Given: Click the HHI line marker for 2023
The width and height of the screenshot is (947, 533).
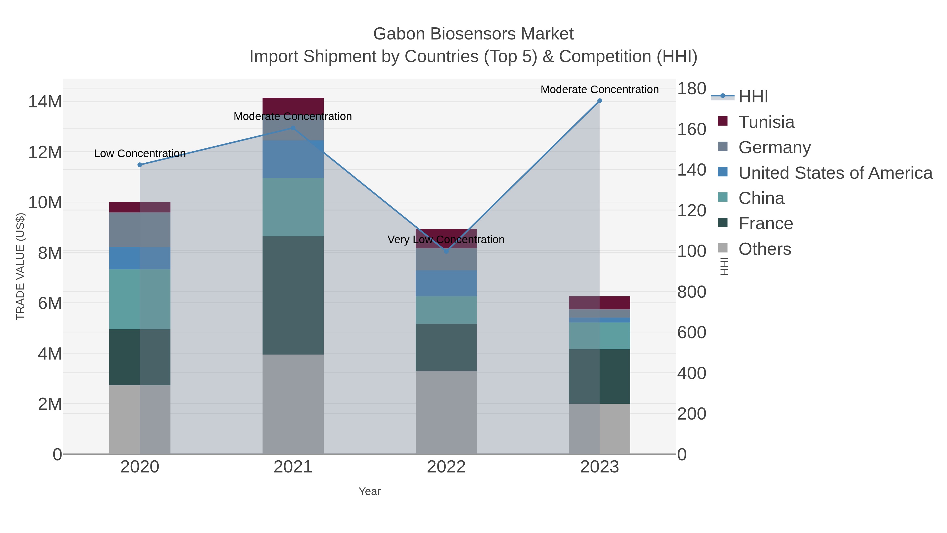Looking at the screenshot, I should pyautogui.click(x=599, y=101).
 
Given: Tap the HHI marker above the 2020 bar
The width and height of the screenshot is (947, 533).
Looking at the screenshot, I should pyautogui.click(x=140, y=165).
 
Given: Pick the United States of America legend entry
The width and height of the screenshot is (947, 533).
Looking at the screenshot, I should pyautogui.click(x=835, y=173).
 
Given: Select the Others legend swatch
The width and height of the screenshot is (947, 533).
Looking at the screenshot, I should pyautogui.click(x=723, y=249).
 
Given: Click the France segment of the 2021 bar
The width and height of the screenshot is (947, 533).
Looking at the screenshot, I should pyautogui.click(x=293, y=295).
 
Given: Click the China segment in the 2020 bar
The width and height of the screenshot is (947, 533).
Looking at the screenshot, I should pyautogui.click(x=140, y=299).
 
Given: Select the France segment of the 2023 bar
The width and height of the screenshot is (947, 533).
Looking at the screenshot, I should pyautogui.click(x=599, y=376).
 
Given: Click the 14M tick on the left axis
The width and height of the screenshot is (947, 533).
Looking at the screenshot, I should pyautogui.click(x=45, y=102).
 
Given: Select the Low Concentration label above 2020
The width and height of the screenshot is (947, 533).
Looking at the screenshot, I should pyautogui.click(x=140, y=154).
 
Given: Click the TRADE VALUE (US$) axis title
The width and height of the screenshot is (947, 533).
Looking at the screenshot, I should pyautogui.click(x=21, y=266).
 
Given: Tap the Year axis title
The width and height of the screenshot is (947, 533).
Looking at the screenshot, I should pyautogui.click(x=370, y=491).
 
